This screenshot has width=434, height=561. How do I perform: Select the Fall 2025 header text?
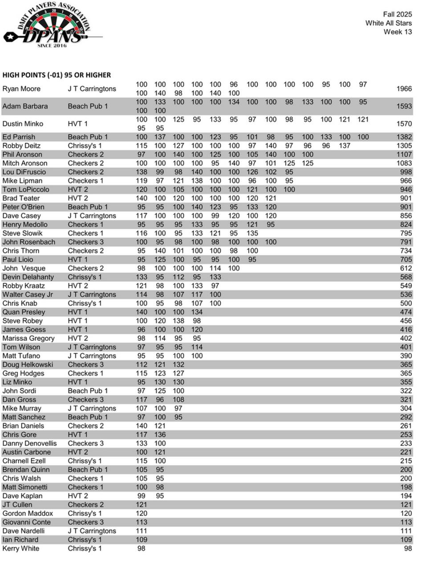[397, 14]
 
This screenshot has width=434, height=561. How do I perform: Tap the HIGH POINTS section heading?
[57, 75]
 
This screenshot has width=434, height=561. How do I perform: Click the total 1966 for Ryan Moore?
[404, 89]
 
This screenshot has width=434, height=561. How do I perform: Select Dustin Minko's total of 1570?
[404, 124]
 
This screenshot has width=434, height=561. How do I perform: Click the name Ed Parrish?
[19, 137]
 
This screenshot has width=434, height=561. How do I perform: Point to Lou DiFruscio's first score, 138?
[141, 172]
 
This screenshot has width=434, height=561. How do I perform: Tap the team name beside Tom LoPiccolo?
[78, 190]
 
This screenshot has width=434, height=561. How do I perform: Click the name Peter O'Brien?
[23, 207]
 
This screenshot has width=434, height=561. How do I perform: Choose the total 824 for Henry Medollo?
[406, 225]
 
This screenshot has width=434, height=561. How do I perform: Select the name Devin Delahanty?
[28, 277]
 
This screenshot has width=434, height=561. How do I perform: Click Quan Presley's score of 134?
[197, 312]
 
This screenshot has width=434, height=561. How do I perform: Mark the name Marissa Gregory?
[28, 339]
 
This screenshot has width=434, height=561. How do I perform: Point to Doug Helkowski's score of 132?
[178, 365]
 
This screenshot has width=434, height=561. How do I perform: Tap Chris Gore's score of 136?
[160, 435]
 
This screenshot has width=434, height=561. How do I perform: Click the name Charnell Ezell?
[24, 461]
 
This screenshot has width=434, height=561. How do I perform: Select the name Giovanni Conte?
[26, 522]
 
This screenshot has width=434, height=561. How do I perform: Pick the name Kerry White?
[21, 549]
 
